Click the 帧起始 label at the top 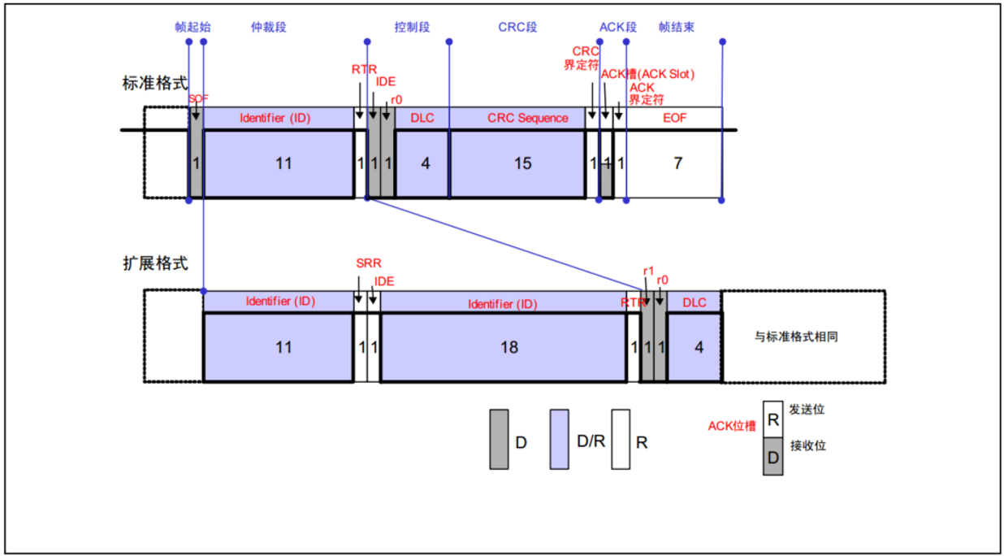click(x=193, y=27)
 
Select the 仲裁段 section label click(x=268, y=27)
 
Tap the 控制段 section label click(x=412, y=27)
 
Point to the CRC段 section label click(x=517, y=27)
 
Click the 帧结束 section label click(x=677, y=27)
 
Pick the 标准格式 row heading click(x=154, y=83)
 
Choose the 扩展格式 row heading click(x=154, y=263)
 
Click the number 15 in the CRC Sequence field click(x=522, y=163)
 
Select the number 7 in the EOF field click(x=678, y=163)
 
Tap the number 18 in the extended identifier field click(x=508, y=347)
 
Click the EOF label click(x=674, y=118)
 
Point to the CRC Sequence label click(x=528, y=118)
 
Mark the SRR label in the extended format click(x=368, y=263)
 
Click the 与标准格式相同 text click(x=796, y=336)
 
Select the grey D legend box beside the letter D click(x=499, y=439)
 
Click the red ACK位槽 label click(x=731, y=425)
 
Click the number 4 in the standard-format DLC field click(x=425, y=163)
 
